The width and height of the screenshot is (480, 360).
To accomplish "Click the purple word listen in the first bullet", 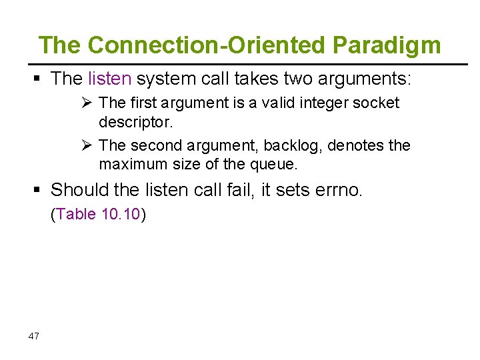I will pyautogui.click(x=109, y=79).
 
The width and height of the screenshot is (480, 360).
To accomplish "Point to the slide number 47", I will pyautogui.click(x=34, y=336).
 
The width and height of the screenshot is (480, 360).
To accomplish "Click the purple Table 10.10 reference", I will pyautogui.click(x=99, y=215).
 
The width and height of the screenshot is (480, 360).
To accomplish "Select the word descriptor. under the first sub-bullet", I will pyautogui.click(x=135, y=123).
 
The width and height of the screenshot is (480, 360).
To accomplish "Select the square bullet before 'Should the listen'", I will pyautogui.click(x=38, y=191).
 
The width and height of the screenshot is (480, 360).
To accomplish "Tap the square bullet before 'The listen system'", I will pyautogui.click(x=38, y=79).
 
